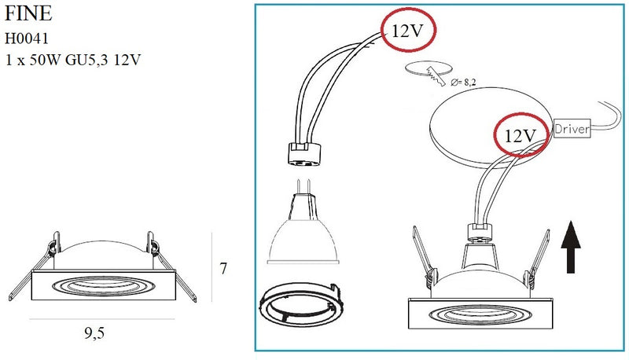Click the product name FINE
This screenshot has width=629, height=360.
tap(28, 13)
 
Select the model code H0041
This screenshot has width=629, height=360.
tap(27, 39)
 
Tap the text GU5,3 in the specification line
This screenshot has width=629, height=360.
tap(86, 60)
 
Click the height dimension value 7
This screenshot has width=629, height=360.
tap(223, 268)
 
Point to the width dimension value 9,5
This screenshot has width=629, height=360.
tap(94, 332)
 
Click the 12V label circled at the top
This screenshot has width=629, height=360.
tap(407, 31)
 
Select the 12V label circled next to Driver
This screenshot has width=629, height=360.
tap(520, 136)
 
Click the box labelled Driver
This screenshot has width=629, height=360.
tap(572, 129)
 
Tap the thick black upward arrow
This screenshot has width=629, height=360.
tap(571, 247)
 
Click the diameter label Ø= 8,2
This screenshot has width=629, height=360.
tap(463, 83)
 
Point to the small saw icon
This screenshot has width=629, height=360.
tap(436, 76)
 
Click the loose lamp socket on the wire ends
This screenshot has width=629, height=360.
tap(304, 154)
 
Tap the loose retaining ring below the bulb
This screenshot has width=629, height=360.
tap(301, 304)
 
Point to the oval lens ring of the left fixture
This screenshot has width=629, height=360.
tap(103, 286)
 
